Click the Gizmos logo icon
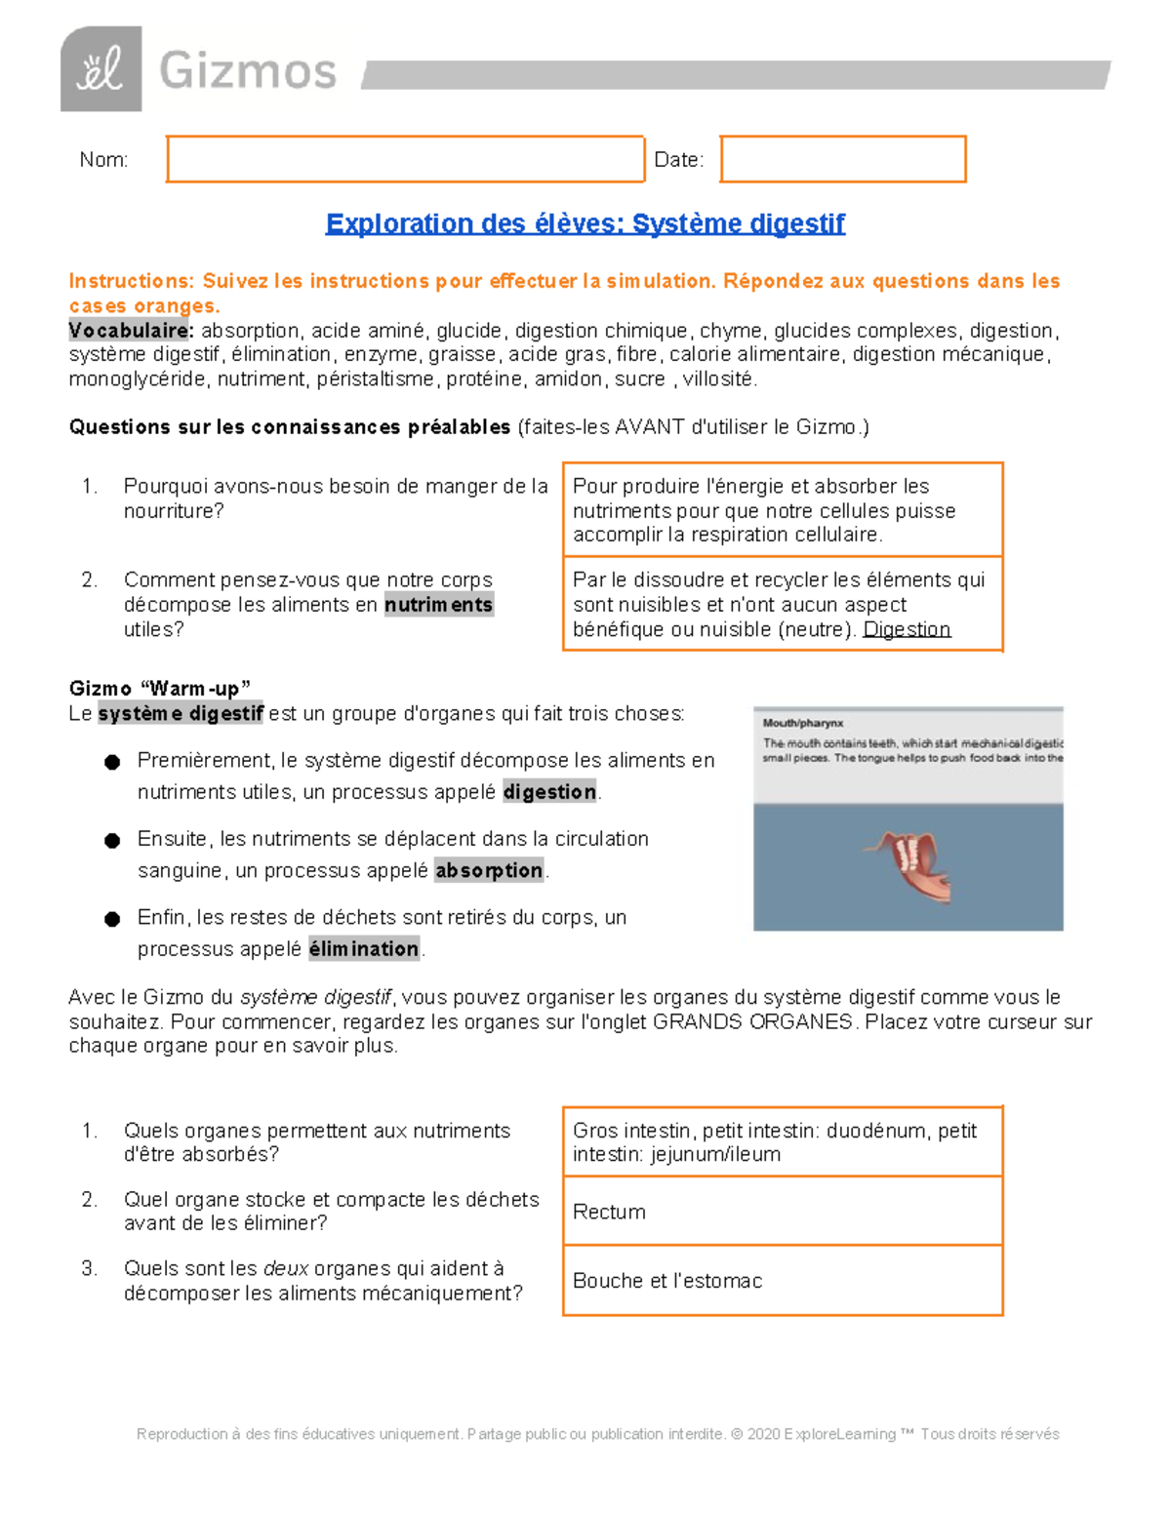pyautogui.click(x=101, y=69)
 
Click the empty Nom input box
pyautogui.click(x=405, y=159)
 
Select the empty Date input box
pyautogui.click(x=843, y=159)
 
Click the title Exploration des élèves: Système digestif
pyautogui.click(x=585, y=223)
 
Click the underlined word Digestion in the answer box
pyautogui.click(x=907, y=629)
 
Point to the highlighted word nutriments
pyautogui.click(x=438, y=605)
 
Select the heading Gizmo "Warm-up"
pyautogui.click(x=160, y=689)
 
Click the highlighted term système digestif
pyautogui.click(x=181, y=713)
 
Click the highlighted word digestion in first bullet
pyautogui.click(x=549, y=792)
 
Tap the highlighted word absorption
pyautogui.click(x=489, y=870)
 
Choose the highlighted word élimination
pyautogui.click(x=364, y=948)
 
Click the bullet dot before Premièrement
pyautogui.click(x=112, y=762)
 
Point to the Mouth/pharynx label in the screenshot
pyautogui.click(x=802, y=723)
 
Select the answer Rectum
pyautogui.click(x=609, y=1212)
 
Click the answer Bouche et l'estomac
pyautogui.click(x=667, y=1281)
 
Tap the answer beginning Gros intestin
pyautogui.click(x=774, y=1142)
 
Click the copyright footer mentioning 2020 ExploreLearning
pyautogui.click(x=597, y=1434)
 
